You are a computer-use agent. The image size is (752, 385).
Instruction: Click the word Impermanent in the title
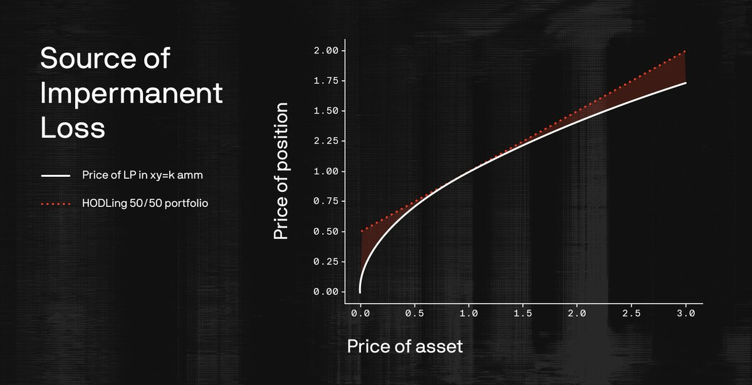[x=131, y=93]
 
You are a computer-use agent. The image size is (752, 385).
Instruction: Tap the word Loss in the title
[x=73, y=127]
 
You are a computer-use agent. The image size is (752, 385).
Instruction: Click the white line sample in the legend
[x=56, y=176]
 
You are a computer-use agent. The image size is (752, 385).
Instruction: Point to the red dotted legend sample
[x=56, y=204]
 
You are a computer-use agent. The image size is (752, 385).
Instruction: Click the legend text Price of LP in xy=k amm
[x=142, y=175]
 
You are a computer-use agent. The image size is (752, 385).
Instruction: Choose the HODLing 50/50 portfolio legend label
[x=145, y=203]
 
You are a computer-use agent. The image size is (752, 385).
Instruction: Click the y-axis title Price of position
[x=281, y=171]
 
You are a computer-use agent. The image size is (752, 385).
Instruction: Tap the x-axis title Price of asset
[x=405, y=346]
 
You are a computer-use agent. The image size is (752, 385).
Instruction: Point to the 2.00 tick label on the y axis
[x=326, y=51]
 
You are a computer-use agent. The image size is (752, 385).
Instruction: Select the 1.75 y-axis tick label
[x=326, y=81]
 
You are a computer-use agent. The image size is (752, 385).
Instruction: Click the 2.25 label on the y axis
[x=326, y=140]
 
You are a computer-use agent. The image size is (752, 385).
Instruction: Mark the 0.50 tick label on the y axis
[x=326, y=231]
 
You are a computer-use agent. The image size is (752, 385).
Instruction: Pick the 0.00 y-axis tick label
[x=326, y=292]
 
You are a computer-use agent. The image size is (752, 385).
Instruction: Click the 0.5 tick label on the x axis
[x=415, y=314]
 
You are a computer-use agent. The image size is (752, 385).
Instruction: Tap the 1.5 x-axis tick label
[x=523, y=314]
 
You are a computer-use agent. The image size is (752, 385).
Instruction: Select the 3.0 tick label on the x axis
[x=686, y=314]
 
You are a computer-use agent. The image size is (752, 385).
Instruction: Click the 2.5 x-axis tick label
[x=632, y=314]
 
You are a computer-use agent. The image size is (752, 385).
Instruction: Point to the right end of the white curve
[x=686, y=83]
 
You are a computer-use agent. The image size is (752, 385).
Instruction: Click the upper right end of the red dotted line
[x=685, y=51]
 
